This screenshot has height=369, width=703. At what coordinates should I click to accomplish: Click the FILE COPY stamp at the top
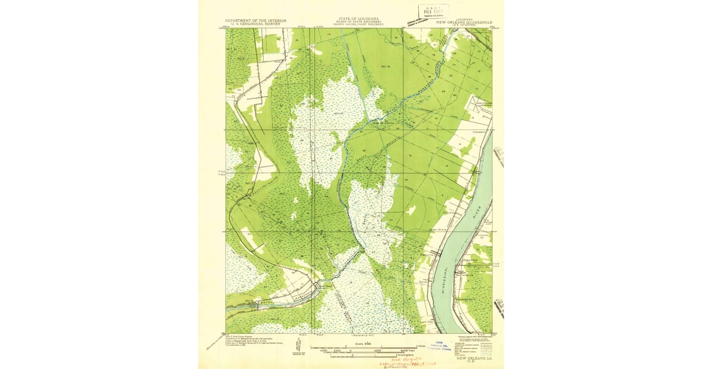(433, 11)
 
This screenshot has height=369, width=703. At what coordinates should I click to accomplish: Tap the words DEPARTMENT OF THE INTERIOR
(256, 20)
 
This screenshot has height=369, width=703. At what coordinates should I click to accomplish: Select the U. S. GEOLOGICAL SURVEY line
(256, 25)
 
